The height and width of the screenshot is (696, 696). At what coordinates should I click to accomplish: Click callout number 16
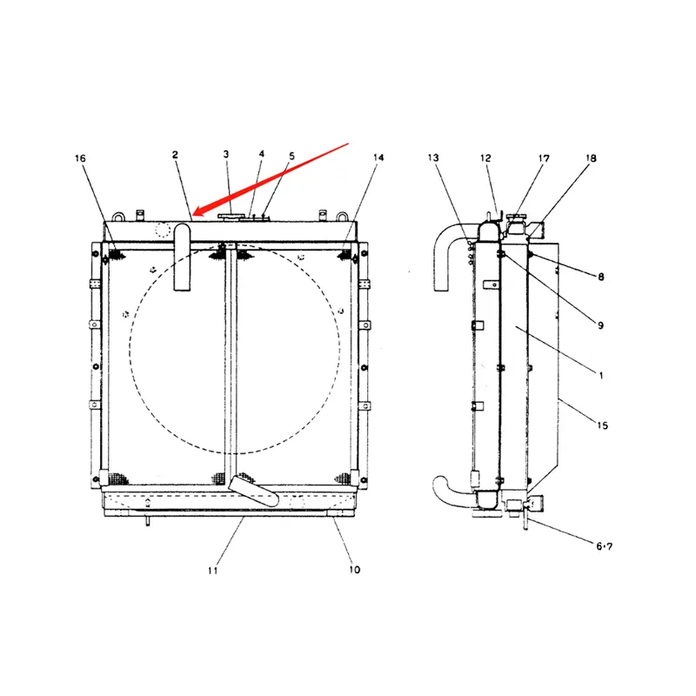[80, 158]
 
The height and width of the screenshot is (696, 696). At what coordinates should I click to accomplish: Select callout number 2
[175, 155]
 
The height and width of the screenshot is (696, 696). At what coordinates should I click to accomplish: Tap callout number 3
[226, 155]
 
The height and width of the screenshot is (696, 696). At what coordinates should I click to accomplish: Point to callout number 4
[262, 154]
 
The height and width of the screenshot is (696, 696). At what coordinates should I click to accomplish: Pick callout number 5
[291, 157]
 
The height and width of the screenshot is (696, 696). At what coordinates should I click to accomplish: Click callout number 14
[378, 157]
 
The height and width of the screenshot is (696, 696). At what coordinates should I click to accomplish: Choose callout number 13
[433, 157]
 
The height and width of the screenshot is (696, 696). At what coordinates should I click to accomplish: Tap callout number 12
[485, 158]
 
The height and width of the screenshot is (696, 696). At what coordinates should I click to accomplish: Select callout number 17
[544, 158]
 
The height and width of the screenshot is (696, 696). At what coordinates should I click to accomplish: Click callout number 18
[591, 158]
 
